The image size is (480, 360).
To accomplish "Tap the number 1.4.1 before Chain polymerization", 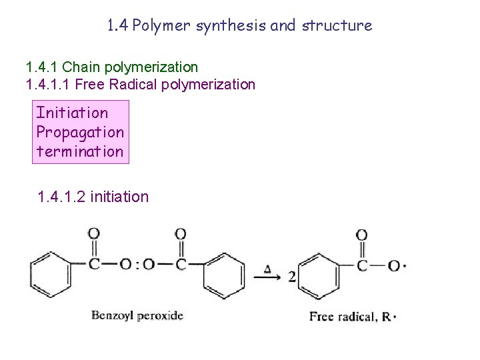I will click(41, 67).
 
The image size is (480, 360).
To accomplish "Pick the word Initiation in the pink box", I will click(72, 113).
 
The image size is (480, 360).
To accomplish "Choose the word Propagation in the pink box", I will click(80, 132).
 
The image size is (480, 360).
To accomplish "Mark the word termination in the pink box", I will click(80, 151).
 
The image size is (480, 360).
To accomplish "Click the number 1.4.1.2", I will click(61, 197).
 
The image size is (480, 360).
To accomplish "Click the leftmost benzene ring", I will click(49, 275).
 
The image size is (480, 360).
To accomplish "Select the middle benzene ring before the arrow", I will click(223, 275).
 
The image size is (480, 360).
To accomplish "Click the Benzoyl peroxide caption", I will click(137, 315).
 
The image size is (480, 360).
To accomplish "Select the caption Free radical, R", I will click(353, 316).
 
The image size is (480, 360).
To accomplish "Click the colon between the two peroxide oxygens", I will click(138, 265).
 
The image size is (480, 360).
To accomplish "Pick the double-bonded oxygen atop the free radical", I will click(361, 235).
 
